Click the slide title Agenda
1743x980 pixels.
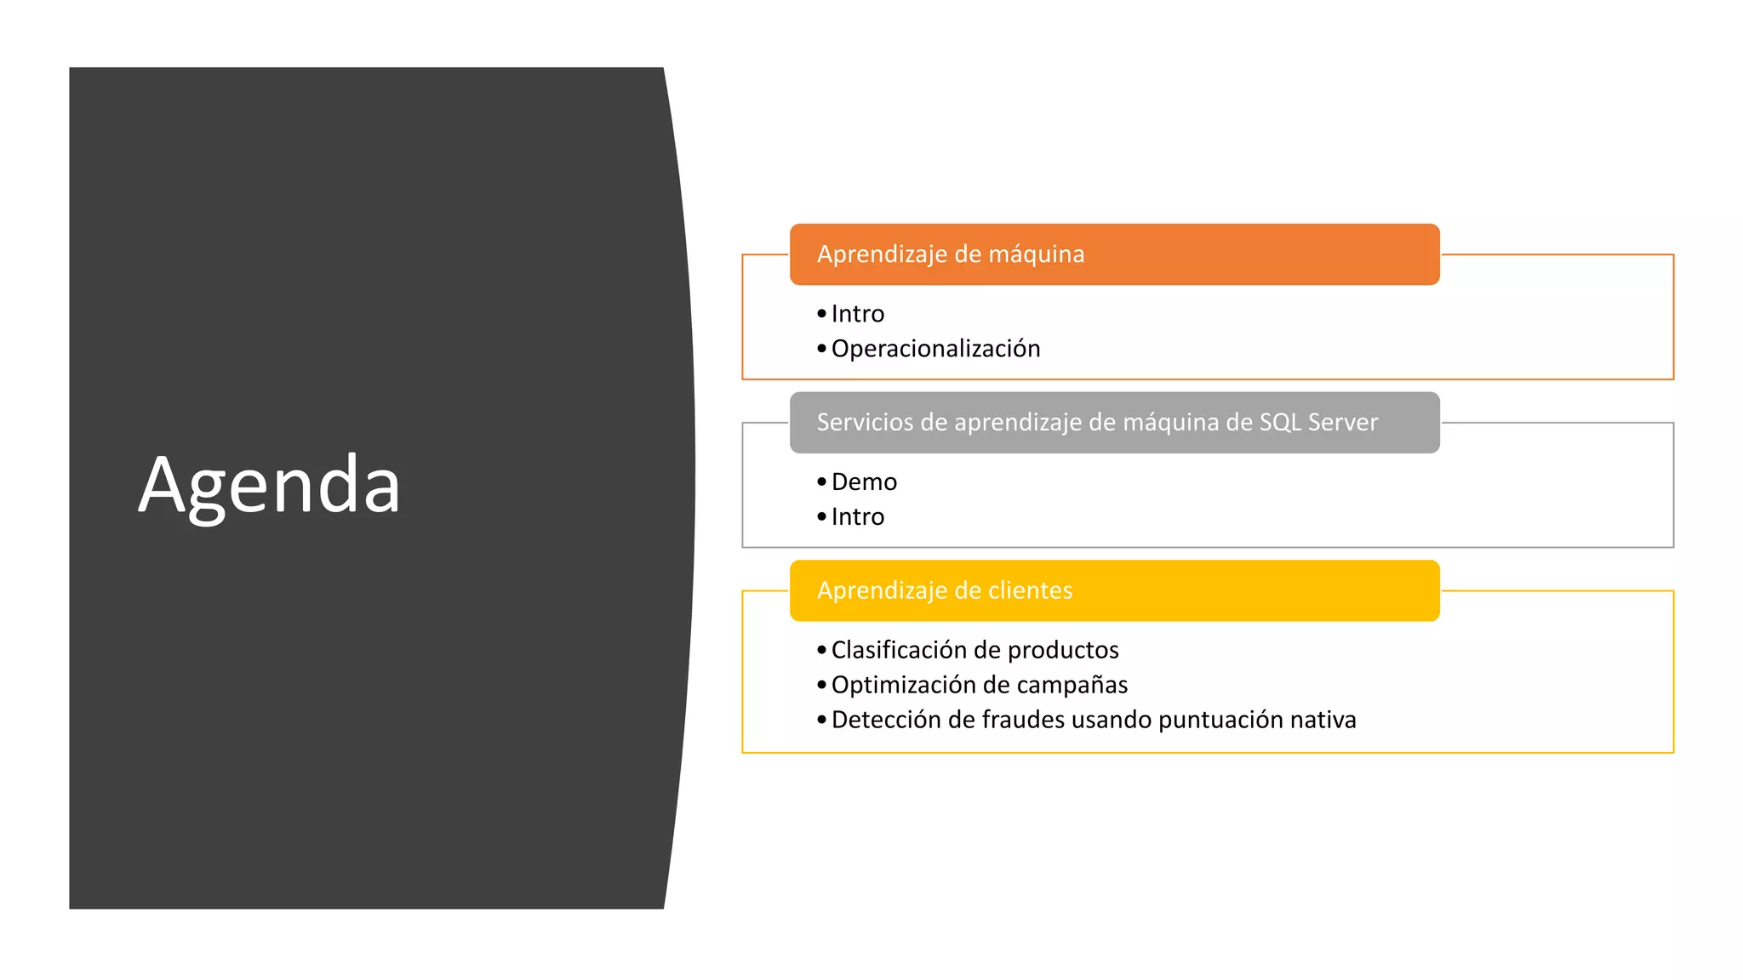269,485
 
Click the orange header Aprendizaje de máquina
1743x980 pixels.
950,254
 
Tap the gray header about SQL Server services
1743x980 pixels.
1096,422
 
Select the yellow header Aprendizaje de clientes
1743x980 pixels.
944,590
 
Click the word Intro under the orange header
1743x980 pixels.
857,314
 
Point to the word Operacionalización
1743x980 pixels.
935,349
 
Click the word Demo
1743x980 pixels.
864,482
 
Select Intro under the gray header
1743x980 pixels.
857,517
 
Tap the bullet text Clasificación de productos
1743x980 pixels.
974,650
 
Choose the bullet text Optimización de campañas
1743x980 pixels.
979,685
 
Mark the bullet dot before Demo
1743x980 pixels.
821,482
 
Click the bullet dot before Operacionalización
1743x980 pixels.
821,349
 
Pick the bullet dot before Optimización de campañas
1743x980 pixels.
821,685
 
